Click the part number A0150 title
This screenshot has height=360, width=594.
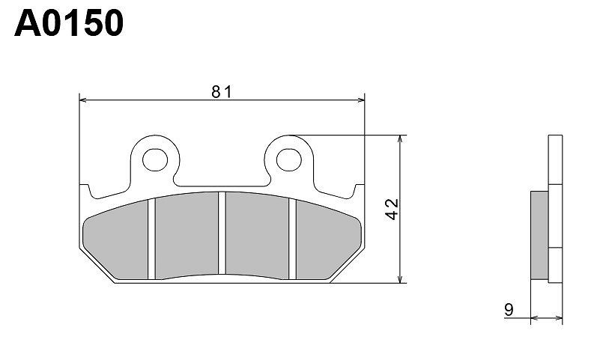point(69,23)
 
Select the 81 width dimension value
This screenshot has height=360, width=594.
point(221,91)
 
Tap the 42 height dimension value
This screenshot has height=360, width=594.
point(393,209)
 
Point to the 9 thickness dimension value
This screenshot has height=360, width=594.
point(509,310)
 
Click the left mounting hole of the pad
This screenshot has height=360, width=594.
point(155,159)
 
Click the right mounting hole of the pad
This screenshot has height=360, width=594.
point(289,159)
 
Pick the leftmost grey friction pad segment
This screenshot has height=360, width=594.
point(115,240)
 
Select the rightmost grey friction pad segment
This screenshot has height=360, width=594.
point(328,240)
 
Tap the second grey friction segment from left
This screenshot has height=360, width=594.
point(187,235)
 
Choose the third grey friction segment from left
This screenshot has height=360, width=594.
point(257,235)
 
